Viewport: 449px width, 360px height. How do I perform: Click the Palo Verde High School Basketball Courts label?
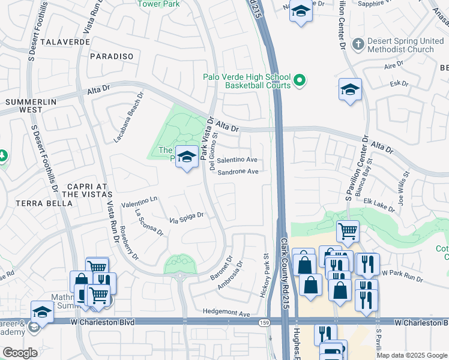[246, 82]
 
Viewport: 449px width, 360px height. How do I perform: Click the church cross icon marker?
[358, 44]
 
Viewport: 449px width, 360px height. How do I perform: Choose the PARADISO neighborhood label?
[111, 56]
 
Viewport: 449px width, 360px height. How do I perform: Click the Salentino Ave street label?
[237, 160]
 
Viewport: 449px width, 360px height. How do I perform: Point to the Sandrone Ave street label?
[238, 172]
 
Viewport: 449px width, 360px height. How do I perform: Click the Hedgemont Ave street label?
[226, 313]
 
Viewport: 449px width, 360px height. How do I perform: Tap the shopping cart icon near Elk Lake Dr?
[348, 230]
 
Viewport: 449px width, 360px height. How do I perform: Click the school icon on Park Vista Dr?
[187, 157]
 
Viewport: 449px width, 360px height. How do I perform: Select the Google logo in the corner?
[20, 353]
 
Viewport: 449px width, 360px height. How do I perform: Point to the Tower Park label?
[158, 4]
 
